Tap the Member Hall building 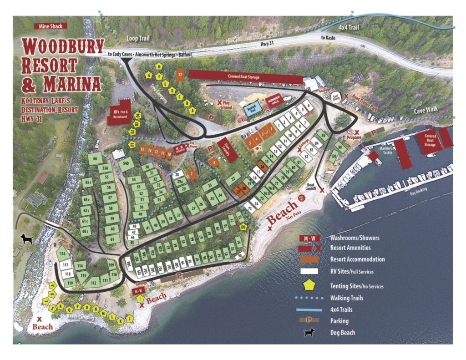(x=275, y=101)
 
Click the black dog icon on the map (x=27, y=238)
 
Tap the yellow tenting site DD (x=243, y=227)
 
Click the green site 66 (x=96, y=159)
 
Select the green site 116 (x=62, y=253)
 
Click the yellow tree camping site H (x=159, y=66)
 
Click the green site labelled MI (x=339, y=147)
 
